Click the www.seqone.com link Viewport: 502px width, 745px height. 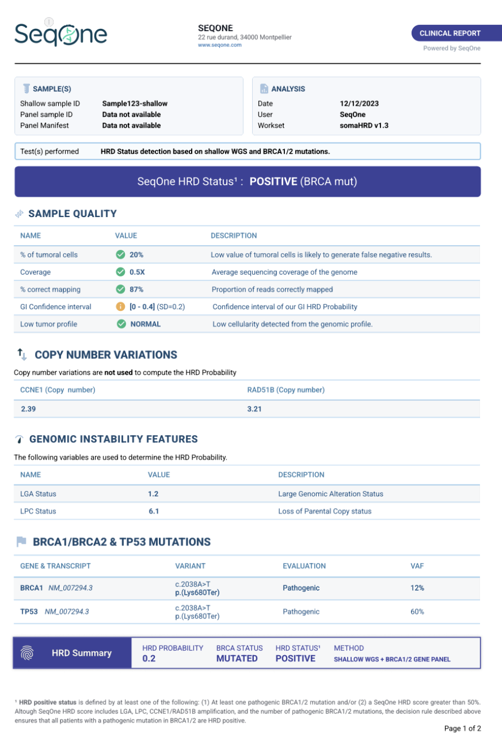(x=219, y=45)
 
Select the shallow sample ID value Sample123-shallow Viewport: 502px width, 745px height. (x=135, y=103)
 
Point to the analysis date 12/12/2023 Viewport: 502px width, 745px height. (x=359, y=103)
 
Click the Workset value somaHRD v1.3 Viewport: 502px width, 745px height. (x=364, y=125)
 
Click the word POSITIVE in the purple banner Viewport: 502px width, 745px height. (x=273, y=181)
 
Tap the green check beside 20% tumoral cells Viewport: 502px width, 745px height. (x=120, y=255)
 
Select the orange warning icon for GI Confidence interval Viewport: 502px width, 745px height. (x=120, y=307)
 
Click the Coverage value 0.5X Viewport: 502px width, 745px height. (x=137, y=272)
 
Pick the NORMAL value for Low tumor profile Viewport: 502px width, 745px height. (x=145, y=324)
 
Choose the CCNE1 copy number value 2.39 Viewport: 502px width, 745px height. (x=28, y=409)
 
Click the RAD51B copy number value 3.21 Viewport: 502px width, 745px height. (x=255, y=409)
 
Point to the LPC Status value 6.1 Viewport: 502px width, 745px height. (x=153, y=511)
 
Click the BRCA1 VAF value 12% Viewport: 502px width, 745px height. (x=417, y=588)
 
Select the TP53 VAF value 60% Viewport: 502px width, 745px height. (x=417, y=612)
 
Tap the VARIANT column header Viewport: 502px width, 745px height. (x=190, y=566)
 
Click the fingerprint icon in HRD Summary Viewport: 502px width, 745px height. (x=27, y=653)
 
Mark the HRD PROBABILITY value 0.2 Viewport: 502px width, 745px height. (x=149, y=659)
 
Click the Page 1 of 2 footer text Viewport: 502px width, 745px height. (x=462, y=729)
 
